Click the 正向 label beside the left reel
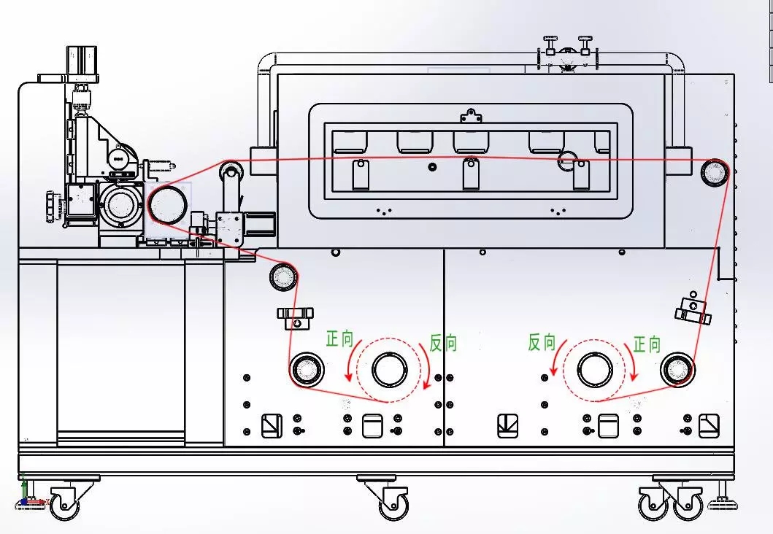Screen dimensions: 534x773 339,339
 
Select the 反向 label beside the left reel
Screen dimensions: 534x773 443,343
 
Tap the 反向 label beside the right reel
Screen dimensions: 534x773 542,342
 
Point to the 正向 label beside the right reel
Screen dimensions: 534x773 646,344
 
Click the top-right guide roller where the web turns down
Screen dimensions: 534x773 714,172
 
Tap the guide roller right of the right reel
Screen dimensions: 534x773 677,370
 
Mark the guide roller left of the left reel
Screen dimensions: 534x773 306,370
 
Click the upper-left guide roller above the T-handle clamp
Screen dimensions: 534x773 284,276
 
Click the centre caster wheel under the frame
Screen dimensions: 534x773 393,502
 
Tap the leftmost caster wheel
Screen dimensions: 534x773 64,504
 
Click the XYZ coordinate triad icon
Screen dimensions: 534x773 28,496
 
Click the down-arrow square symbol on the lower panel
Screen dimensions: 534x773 508,425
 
